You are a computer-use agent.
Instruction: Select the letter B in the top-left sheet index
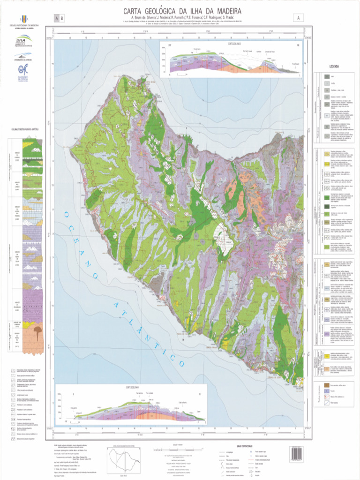[x=61, y=18]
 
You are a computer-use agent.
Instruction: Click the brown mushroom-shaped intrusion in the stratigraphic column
[x=37, y=332]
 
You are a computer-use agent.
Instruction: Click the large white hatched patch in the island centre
[x=224, y=234]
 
